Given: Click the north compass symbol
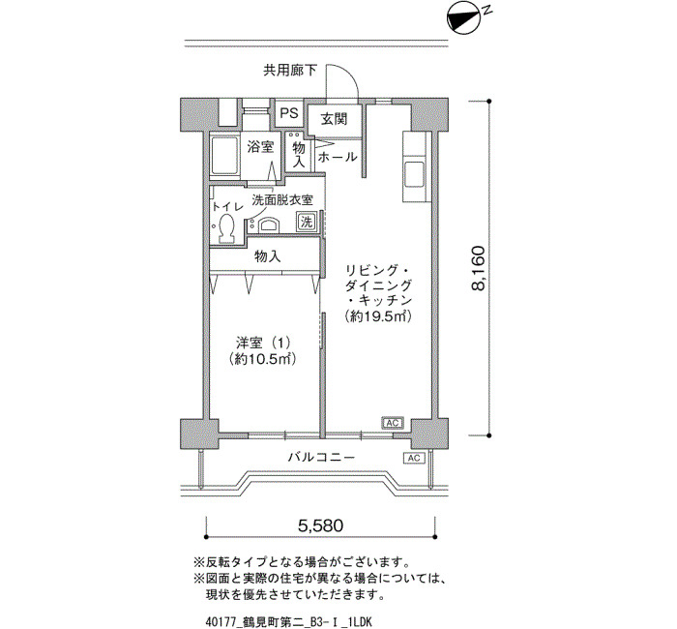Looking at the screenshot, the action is [464, 18].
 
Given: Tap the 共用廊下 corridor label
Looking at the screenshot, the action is [290, 71].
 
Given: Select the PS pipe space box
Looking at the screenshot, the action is [289, 113].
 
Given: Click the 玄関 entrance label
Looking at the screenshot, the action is [334, 118].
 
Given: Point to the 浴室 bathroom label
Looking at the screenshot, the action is [260, 147].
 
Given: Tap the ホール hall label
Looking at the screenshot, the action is [338, 157].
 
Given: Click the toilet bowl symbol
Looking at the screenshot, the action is [225, 227].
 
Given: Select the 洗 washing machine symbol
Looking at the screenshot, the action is [307, 222].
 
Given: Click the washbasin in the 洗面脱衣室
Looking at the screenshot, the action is [268, 225].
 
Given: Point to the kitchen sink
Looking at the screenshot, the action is [415, 174].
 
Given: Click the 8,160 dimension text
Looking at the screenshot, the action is [479, 269].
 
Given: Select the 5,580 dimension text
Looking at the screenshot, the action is [321, 525].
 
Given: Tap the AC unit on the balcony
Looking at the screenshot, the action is [413, 458].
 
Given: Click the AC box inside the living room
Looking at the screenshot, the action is [393, 423].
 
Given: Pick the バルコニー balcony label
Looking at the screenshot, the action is [322, 457].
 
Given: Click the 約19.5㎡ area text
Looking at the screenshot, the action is [378, 316].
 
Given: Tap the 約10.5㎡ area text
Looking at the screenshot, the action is [263, 359].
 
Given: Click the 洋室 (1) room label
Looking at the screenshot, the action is [263, 343].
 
